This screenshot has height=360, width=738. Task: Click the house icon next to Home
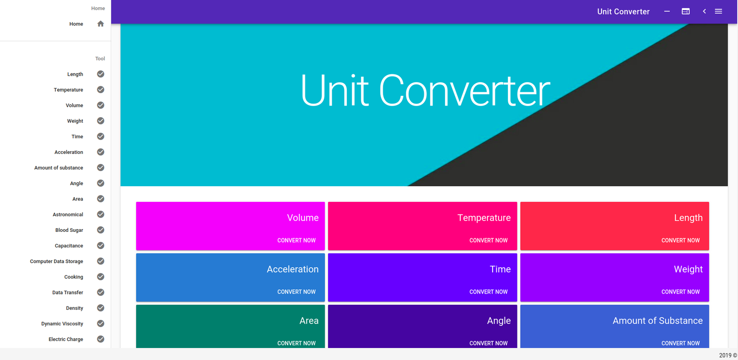(x=101, y=24)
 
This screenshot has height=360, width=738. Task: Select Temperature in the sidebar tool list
(x=68, y=89)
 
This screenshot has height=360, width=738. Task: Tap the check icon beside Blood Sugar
(x=101, y=230)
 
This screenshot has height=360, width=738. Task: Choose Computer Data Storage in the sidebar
(x=56, y=261)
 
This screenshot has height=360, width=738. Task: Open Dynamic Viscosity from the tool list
(x=62, y=324)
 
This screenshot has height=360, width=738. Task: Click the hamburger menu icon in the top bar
(x=718, y=11)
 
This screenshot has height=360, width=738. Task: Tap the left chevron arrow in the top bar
(x=704, y=11)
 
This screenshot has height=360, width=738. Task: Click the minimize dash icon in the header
(x=667, y=11)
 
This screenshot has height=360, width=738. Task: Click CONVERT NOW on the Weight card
(x=680, y=292)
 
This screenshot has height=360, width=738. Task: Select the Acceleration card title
(x=292, y=269)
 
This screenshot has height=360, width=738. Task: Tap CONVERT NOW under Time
(x=488, y=292)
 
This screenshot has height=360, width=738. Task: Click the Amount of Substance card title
(x=658, y=320)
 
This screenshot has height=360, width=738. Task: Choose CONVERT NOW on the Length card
(x=680, y=241)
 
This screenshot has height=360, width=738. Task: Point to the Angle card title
(x=499, y=320)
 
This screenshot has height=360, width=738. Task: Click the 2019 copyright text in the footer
(x=728, y=355)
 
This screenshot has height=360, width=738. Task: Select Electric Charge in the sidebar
(x=65, y=339)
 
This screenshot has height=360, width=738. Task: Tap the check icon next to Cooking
(x=101, y=277)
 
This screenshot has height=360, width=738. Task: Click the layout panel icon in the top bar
(x=685, y=11)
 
